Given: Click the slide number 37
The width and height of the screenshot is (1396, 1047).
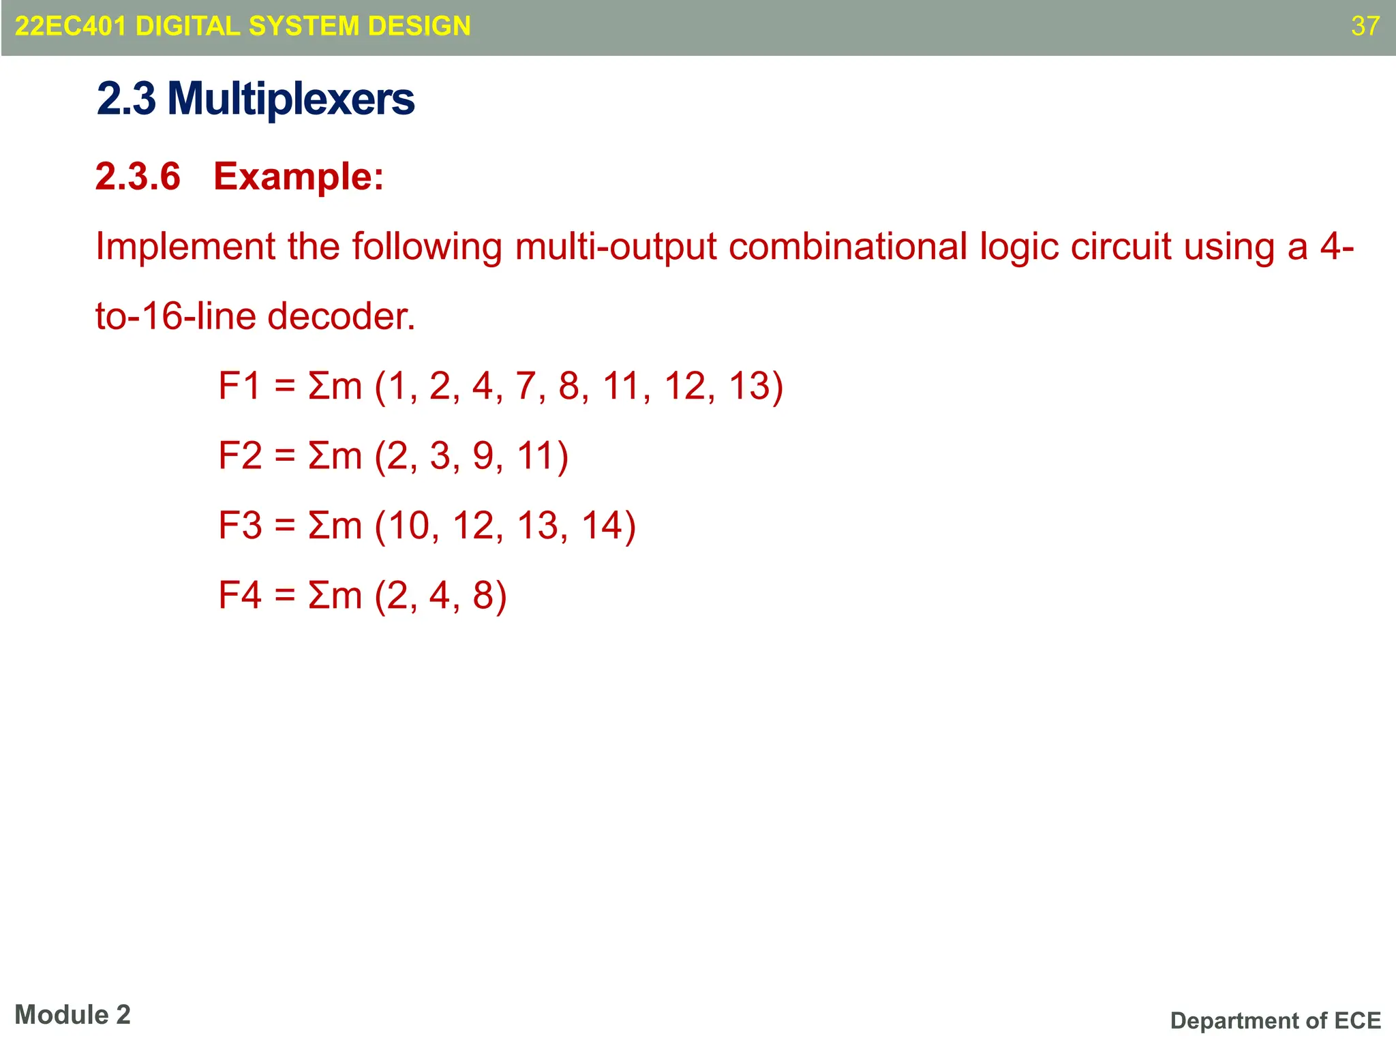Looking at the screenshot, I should [x=1365, y=26].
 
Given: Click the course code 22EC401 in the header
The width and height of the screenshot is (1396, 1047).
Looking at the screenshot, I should [x=70, y=26].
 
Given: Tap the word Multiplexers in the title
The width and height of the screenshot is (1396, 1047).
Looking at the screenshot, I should [x=290, y=99].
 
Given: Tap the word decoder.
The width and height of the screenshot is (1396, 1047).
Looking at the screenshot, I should [x=341, y=316].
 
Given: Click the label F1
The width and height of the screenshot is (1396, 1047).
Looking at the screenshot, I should [x=239, y=386].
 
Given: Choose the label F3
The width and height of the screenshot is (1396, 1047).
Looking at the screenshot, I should [x=239, y=526].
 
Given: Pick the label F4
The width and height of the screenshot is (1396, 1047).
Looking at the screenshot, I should [x=239, y=595].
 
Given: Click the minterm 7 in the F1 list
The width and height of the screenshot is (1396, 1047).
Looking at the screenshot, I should [x=526, y=386].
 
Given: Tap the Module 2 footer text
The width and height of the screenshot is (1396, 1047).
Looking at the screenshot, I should [x=72, y=1015].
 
